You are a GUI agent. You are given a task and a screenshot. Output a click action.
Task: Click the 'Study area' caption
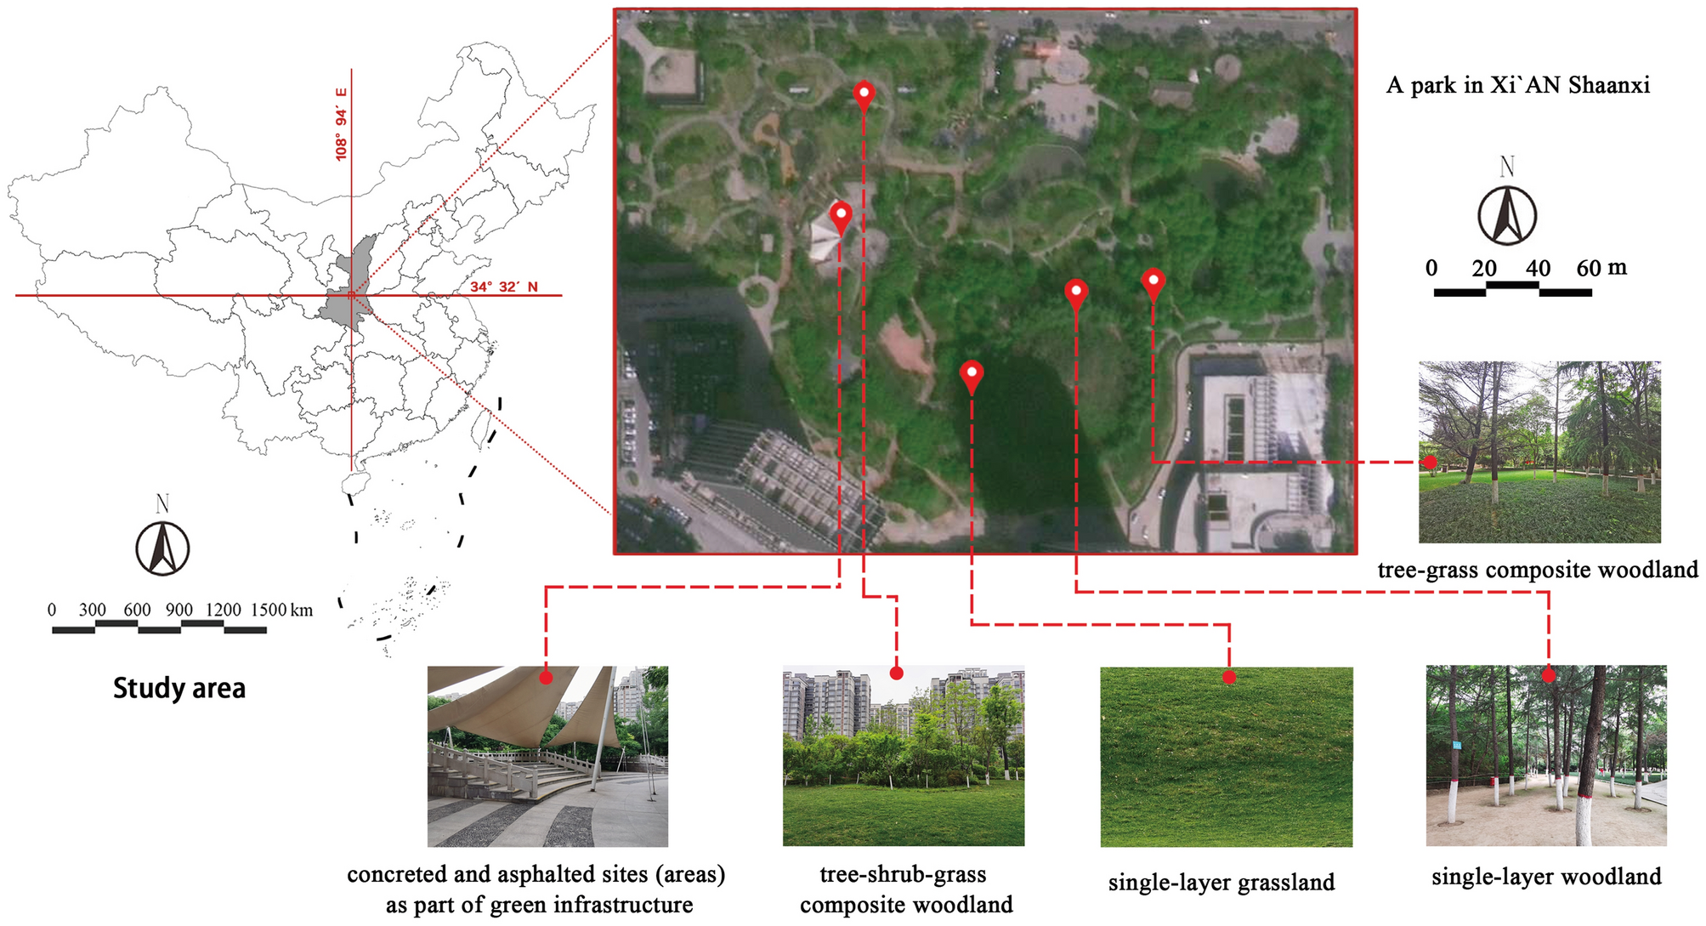tap(179, 688)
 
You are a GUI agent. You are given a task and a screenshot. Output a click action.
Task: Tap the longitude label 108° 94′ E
tap(342, 124)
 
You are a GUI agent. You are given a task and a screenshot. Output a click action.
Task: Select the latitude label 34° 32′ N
tap(504, 287)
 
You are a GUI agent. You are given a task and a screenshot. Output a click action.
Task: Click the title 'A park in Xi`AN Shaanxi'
tap(1518, 85)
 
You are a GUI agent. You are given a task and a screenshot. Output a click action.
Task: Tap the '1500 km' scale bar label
tap(281, 610)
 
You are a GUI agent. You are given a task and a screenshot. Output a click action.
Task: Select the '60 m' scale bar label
tap(1601, 268)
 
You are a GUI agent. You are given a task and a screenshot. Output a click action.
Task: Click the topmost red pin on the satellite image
tap(864, 94)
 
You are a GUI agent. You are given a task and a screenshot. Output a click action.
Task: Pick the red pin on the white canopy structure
tap(840, 215)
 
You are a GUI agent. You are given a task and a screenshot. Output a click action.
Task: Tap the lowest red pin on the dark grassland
tap(972, 374)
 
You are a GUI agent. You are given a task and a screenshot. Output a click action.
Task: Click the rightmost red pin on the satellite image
tap(1153, 282)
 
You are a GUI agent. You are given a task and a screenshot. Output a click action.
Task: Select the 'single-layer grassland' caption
tap(1221, 883)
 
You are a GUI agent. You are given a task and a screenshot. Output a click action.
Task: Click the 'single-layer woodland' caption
tap(1546, 877)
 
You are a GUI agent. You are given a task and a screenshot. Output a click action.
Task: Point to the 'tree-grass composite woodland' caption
tap(1538, 570)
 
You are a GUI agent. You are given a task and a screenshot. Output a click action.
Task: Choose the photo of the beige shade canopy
tap(547, 756)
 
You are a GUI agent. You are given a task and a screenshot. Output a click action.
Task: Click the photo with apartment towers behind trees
tap(903, 756)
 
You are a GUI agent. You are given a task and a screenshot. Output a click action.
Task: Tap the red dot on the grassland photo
tap(1229, 677)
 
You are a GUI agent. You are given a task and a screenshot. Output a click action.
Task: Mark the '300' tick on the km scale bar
tap(93, 610)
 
